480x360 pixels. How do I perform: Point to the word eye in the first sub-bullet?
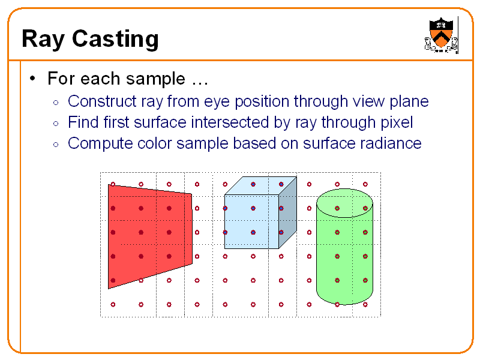[223, 101]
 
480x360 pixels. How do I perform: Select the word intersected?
[231, 122]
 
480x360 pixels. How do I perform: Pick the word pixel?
[397, 122]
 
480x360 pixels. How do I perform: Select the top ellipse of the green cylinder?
[344, 203]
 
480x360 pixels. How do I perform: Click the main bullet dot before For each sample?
[34, 79]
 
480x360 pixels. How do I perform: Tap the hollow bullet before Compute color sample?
[56, 144]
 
